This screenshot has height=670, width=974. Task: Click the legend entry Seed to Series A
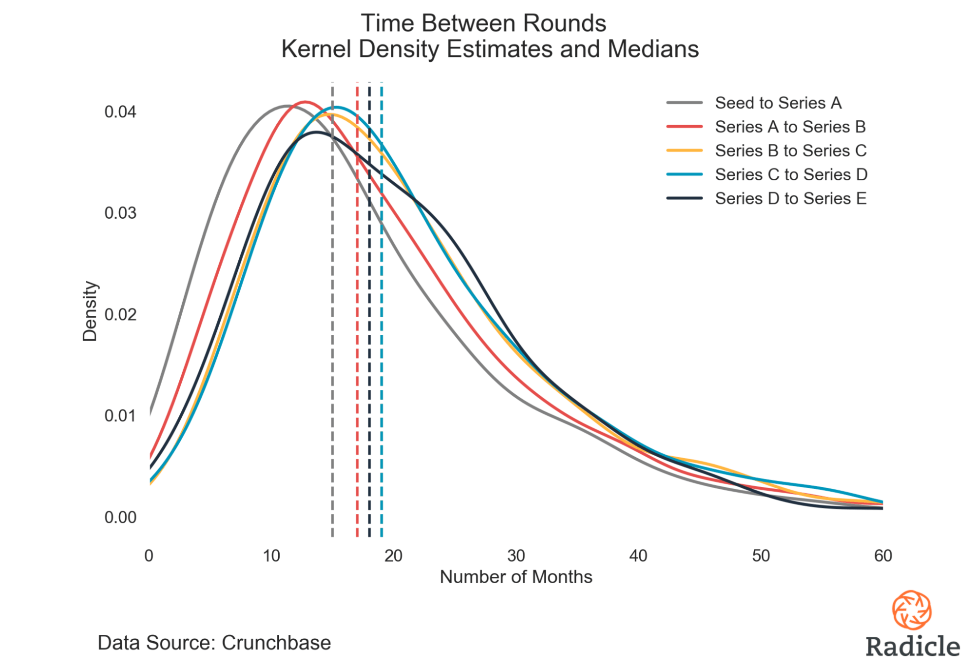(x=778, y=103)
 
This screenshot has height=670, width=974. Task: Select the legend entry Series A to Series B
(x=790, y=127)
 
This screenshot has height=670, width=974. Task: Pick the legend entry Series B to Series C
(x=790, y=151)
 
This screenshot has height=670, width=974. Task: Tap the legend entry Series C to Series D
(x=791, y=174)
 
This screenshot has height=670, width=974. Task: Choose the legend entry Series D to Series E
(x=790, y=198)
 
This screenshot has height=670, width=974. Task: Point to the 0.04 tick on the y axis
(x=120, y=112)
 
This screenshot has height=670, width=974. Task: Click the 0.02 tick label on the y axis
(x=120, y=314)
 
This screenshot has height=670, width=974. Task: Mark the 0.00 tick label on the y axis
(x=120, y=517)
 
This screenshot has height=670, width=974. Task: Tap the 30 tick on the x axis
(x=516, y=555)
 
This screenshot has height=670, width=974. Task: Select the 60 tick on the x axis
(x=883, y=555)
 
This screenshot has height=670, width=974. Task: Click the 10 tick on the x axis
(x=271, y=555)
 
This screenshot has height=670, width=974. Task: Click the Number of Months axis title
(x=516, y=577)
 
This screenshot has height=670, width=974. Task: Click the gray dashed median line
(x=332, y=341)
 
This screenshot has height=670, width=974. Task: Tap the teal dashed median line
(x=382, y=341)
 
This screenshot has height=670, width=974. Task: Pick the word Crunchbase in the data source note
(x=276, y=643)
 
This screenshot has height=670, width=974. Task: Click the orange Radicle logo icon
(x=912, y=610)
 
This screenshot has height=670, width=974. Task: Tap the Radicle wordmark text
(x=913, y=646)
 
